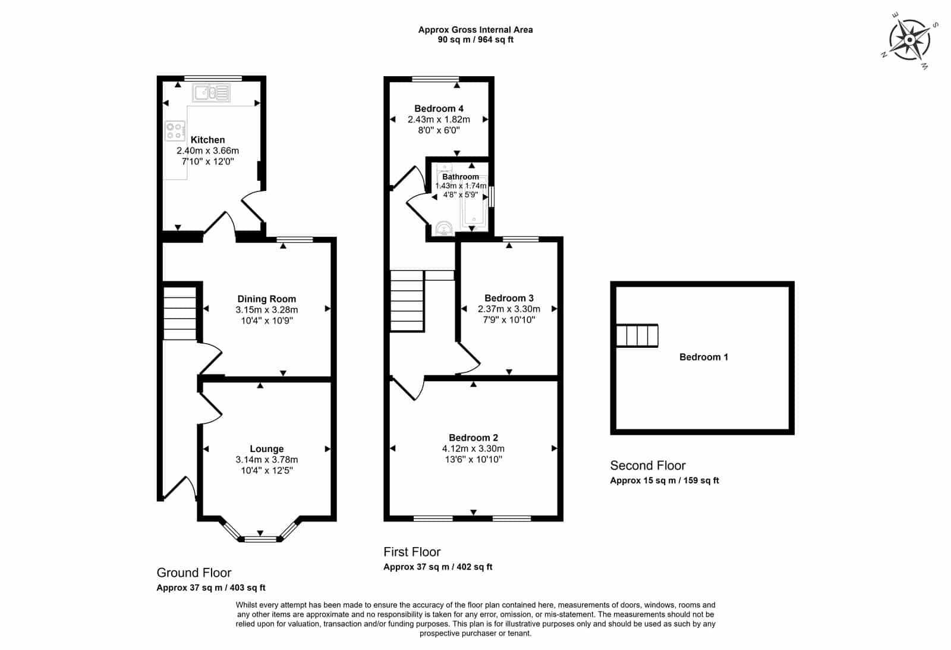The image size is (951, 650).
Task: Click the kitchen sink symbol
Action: coord(211,93)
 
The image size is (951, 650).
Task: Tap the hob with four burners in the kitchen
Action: coord(175,131)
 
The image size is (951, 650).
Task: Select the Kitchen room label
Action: coord(207,140)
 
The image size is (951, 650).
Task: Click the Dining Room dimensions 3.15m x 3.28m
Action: coord(267,310)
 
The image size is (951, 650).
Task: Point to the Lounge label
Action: coord(267,448)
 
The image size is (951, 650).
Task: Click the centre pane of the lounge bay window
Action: coord(260,539)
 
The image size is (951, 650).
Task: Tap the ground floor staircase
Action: coord(180,313)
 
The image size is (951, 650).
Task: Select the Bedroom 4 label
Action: coord(439,109)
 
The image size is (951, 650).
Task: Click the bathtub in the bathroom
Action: coord(474,200)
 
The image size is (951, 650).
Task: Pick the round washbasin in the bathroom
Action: coord(444,228)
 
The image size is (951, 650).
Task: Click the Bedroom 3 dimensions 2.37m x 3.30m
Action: coord(509,309)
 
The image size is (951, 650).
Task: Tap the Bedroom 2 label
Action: coord(473,438)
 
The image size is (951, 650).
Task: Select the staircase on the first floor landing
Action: coord(407,301)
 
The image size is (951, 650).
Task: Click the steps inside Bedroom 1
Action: coord(637,335)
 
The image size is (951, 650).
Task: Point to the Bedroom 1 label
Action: coord(704,357)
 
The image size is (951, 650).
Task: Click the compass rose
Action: coord(909,40)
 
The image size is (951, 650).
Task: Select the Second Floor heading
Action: coord(647,466)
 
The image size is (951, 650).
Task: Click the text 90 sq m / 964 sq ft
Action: coord(475,39)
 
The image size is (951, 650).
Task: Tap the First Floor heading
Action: coord(412,552)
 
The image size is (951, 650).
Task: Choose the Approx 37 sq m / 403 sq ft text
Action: coord(211,588)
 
